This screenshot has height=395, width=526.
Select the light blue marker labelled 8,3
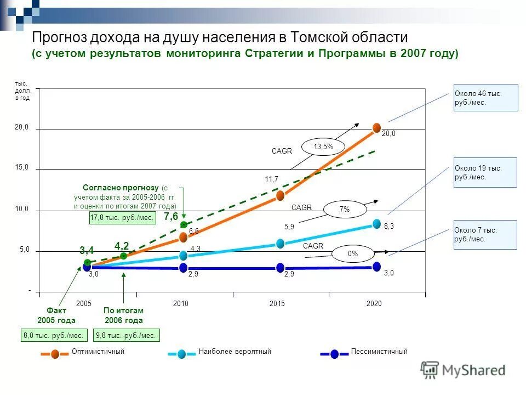[376, 223]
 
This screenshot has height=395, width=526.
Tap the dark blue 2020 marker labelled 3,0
[376, 267]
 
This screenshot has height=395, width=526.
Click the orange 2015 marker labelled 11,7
[280, 195]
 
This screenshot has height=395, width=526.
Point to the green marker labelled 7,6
[184, 224]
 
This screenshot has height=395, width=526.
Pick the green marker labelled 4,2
[124, 256]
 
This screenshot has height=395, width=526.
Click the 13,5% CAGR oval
[323, 146]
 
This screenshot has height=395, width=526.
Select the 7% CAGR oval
[344, 210]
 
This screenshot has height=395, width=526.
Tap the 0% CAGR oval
[352, 253]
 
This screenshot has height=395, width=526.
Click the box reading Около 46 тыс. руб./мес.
[485, 98]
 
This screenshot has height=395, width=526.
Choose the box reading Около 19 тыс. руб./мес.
[485, 172]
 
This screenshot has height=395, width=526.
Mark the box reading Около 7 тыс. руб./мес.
[485, 235]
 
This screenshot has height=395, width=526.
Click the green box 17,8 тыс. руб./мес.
[122, 218]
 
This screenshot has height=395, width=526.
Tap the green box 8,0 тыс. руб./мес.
[53, 335]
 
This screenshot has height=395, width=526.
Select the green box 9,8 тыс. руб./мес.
[126, 335]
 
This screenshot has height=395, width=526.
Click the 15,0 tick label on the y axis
[22, 168]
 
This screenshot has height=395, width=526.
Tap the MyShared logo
[464, 370]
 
